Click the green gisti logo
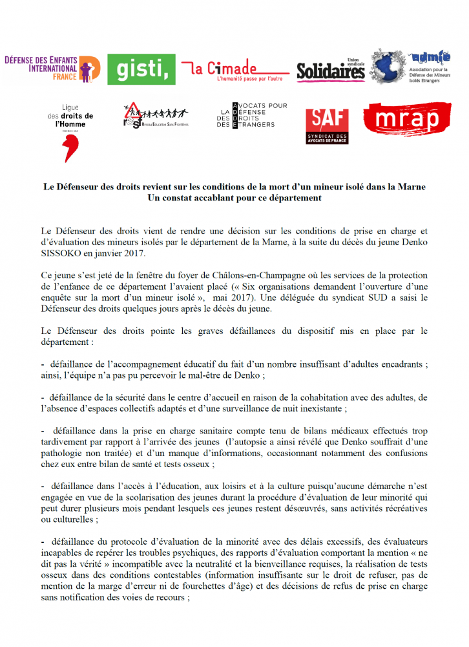point(141,69)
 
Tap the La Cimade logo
point(234,69)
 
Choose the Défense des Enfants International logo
point(52,68)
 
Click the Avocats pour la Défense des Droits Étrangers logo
point(251,116)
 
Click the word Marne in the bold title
point(410,186)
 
